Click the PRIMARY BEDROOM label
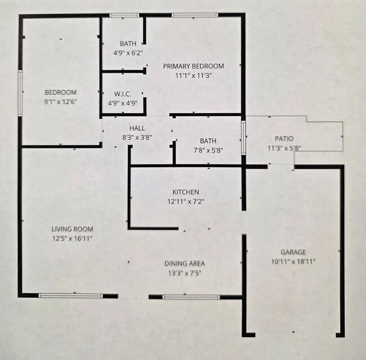[193, 66]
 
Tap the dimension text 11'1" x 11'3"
[193, 75]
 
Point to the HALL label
[137, 128]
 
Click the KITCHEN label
[185, 192]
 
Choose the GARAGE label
[293, 252]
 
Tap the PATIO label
[284, 139]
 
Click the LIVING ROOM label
[72, 229]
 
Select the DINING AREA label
[184, 263]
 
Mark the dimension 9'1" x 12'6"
[60, 102]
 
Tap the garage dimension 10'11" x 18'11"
[293, 261]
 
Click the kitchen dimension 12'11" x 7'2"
[185, 201]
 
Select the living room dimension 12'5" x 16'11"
[72, 239]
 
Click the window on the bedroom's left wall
[21, 93]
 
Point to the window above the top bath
[124, 15]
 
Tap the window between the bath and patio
[243, 137]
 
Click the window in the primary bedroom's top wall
[195, 15]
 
